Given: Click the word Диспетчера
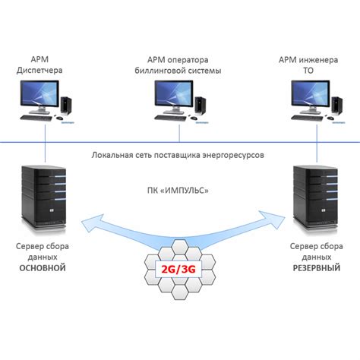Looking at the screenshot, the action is coord(39,70).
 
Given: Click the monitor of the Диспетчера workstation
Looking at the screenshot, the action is coord(39,96).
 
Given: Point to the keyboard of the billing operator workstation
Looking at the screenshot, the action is coord(170,118).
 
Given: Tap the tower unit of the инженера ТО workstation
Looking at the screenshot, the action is coord(337,106).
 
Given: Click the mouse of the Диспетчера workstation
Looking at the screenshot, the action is coord(60,118).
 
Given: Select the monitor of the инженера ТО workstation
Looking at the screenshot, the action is coord(311,96).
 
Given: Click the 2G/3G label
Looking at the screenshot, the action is coord(178,269).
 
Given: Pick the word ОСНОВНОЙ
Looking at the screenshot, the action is coord(43,268).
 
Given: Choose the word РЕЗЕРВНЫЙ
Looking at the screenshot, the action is coord(317,268).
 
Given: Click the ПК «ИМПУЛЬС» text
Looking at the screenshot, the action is coord(178,190).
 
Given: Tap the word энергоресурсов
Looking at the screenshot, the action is coord(233,155).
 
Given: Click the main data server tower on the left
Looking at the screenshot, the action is coord(44,198).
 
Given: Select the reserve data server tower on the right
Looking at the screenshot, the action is coord(315,198).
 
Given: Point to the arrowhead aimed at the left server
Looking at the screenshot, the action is coord(93,223).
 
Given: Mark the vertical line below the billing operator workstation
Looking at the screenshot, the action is coord(179,133).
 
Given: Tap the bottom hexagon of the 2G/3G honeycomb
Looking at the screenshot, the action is coord(179,292).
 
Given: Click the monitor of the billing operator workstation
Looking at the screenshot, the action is coord(174,96).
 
